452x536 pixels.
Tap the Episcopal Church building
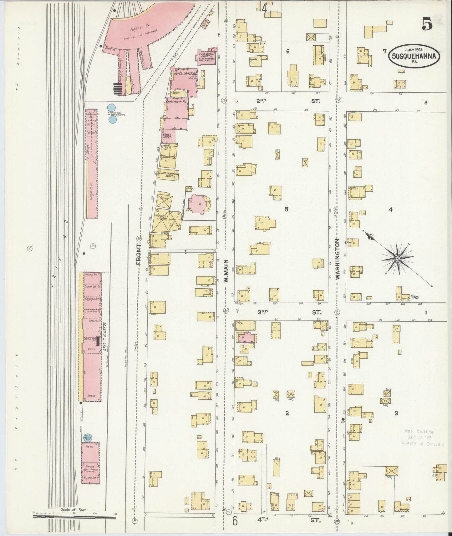(x=206, y=56)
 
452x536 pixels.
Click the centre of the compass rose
(x=397, y=258)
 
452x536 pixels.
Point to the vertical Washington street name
(x=338, y=259)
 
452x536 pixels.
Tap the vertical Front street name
(x=139, y=255)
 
